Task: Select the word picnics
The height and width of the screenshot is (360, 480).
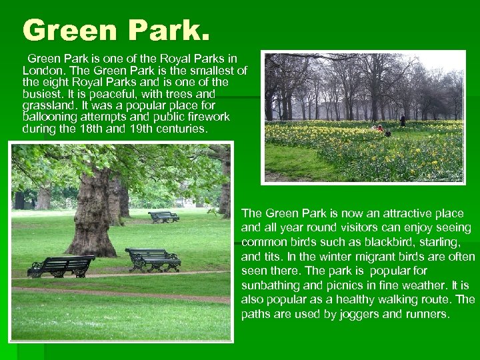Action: click(337, 285)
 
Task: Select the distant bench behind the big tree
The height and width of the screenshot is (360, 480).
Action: click(163, 217)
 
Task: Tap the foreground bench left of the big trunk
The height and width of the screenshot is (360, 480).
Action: click(61, 265)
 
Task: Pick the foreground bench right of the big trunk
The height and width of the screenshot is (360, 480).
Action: click(153, 258)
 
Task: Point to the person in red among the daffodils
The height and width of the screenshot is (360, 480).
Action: click(380, 128)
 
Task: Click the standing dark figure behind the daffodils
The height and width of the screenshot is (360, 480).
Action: click(402, 121)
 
